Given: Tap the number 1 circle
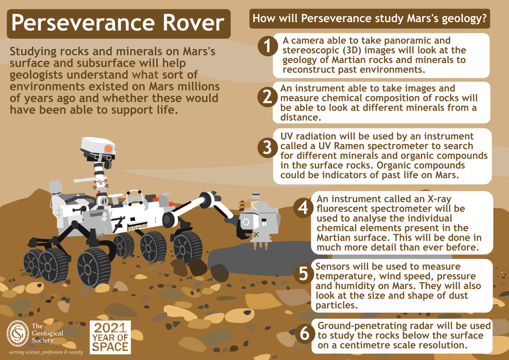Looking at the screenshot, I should pyautogui.click(x=266, y=46).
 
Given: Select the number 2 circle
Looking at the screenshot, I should pyautogui.click(x=266, y=97).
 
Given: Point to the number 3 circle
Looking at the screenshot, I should pyautogui.click(x=266, y=147).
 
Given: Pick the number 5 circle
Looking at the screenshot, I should pyautogui.click(x=303, y=274).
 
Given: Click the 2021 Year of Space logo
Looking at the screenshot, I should pyautogui.click(x=110, y=337).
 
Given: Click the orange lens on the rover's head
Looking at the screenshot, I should pyautogui.click(x=108, y=149).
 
